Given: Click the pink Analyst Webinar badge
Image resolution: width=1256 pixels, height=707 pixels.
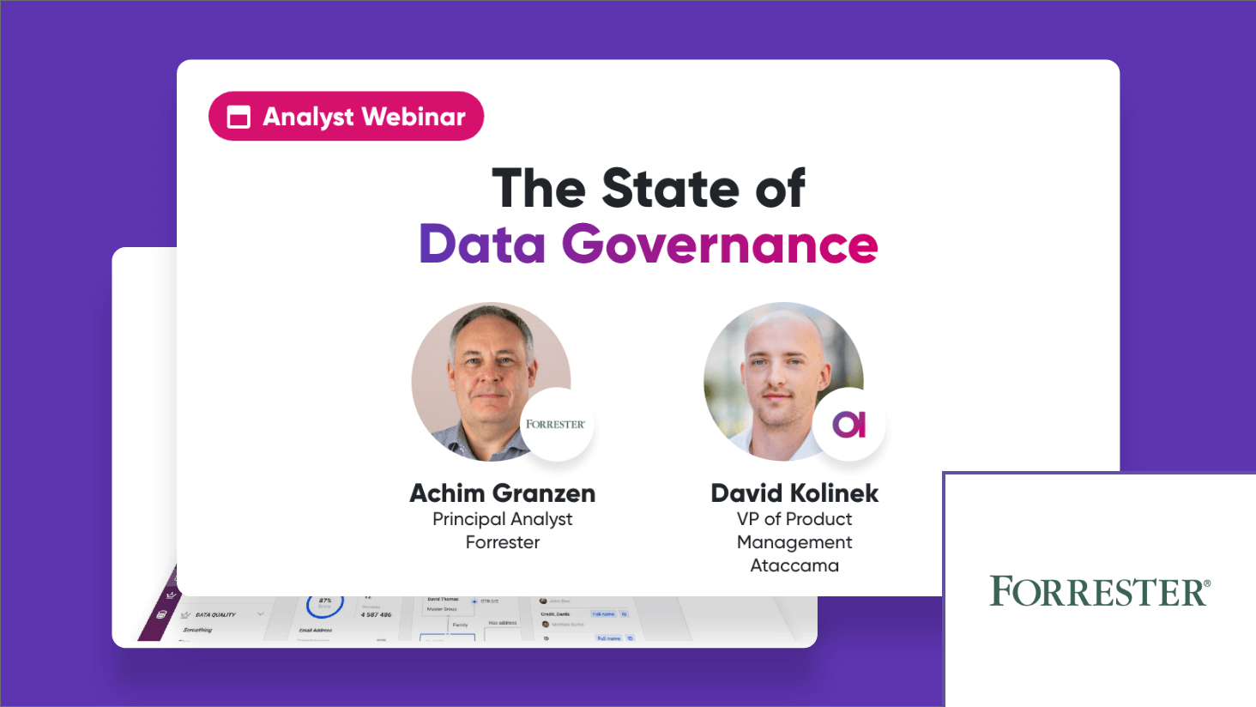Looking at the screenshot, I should [x=346, y=116].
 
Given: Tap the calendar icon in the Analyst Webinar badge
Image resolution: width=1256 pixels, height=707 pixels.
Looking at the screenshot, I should [x=239, y=117].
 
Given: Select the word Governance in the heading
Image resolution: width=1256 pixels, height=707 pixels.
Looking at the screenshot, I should [x=720, y=245].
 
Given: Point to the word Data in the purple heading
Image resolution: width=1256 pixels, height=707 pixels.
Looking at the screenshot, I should [x=482, y=245].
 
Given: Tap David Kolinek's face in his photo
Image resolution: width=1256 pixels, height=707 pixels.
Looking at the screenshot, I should [x=777, y=373].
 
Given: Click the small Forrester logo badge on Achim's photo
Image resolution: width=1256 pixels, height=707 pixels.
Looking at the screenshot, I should [x=556, y=424].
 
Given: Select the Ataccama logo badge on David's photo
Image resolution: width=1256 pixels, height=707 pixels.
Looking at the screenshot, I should [x=848, y=424].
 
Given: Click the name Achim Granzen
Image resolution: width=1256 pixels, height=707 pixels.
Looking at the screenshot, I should [x=503, y=493].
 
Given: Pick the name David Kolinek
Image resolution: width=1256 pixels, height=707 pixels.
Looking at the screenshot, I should [x=794, y=493].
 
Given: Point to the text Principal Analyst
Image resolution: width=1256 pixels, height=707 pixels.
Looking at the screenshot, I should [x=503, y=519].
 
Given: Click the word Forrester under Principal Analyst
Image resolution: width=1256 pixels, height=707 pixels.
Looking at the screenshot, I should [x=503, y=542].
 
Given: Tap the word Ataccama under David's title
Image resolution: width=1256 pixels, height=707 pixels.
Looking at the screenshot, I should [x=794, y=565].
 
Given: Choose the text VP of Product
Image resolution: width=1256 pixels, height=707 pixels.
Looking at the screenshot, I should [x=794, y=519].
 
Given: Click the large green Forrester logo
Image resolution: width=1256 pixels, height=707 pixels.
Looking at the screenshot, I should [x=1100, y=592].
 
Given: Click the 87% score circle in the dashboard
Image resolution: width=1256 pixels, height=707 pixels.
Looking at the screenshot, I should [x=325, y=603].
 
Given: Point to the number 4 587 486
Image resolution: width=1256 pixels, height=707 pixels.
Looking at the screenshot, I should [x=377, y=614].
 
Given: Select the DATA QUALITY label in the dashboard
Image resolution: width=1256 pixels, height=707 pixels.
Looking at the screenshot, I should [x=215, y=614].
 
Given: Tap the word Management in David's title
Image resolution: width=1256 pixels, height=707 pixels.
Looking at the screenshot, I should [x=794, y=542].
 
